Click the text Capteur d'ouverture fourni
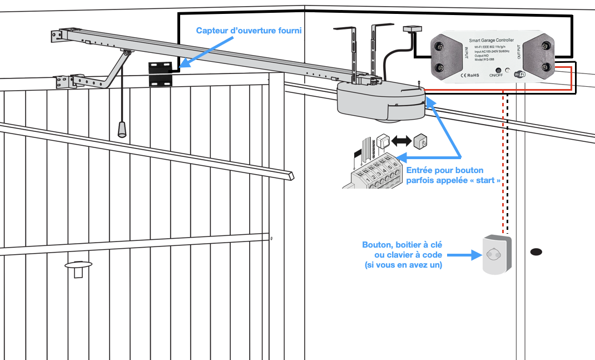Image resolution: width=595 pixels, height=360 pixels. click(x=249, y=31)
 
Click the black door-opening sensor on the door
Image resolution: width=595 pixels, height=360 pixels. click(x=160, y=73)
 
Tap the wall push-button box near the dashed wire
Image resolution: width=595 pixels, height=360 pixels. click(x=494, y=254)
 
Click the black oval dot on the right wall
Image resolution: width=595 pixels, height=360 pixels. click(x=535, y=252)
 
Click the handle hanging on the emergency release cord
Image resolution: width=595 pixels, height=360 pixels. click(x=121, y=129)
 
